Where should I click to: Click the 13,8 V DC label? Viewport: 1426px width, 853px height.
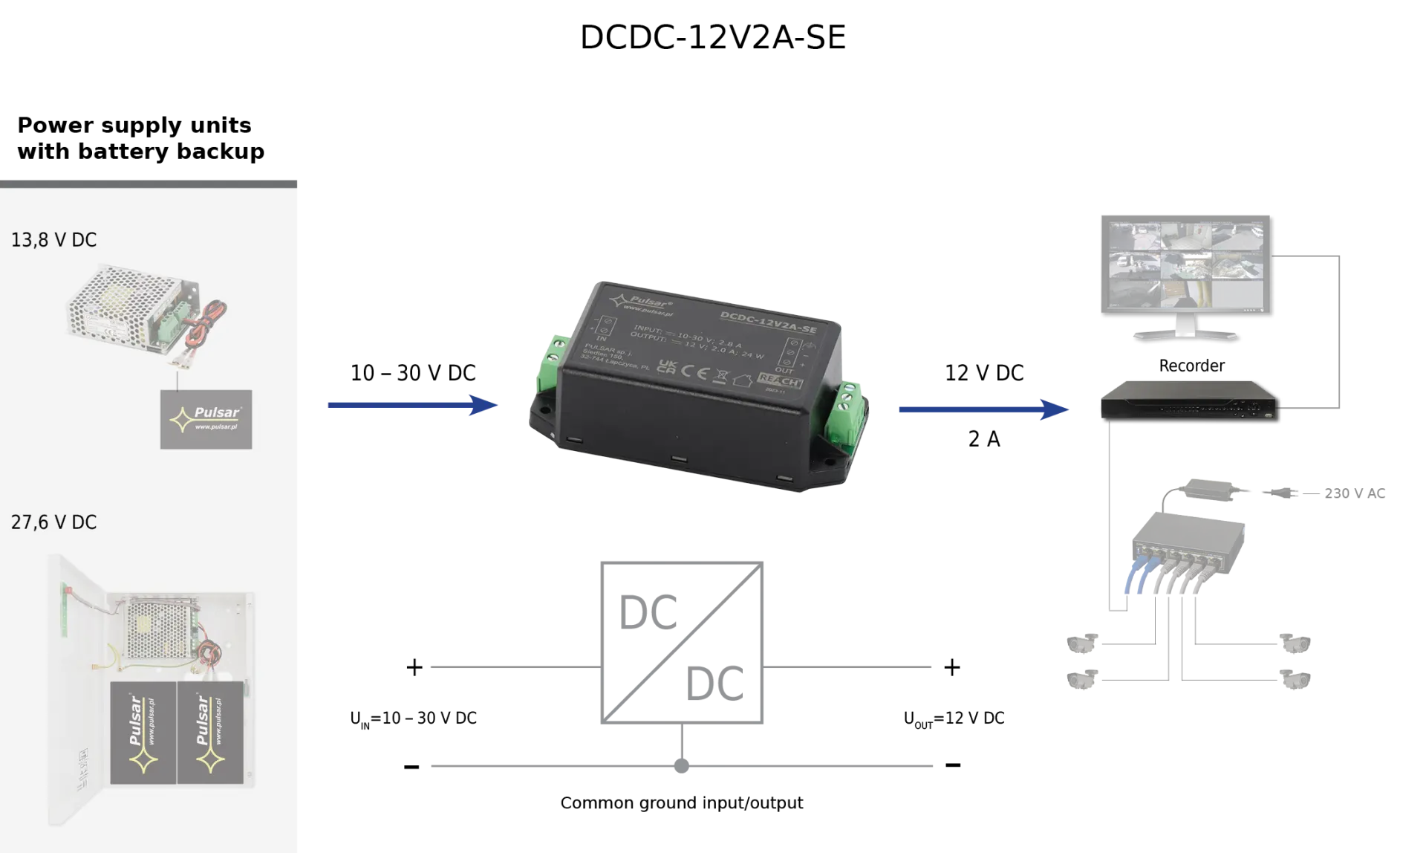(53, 240)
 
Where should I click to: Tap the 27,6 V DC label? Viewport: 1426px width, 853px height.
(53, 522)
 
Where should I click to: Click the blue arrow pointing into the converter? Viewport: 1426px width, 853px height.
(412, 405)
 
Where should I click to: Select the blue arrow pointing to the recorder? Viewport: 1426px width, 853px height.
(983, 409)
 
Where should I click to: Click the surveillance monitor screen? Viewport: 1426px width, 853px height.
(1185, 265)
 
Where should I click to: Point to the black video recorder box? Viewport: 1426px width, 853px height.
(1187, 400)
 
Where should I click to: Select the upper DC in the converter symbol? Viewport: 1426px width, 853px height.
(648, 613)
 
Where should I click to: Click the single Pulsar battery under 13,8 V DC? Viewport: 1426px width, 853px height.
(206, 420)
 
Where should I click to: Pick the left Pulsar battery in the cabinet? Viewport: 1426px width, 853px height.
(143, 733)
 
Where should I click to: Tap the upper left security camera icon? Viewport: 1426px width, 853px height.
(1081, 643)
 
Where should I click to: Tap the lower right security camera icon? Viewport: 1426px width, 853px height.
(1295, 678)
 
